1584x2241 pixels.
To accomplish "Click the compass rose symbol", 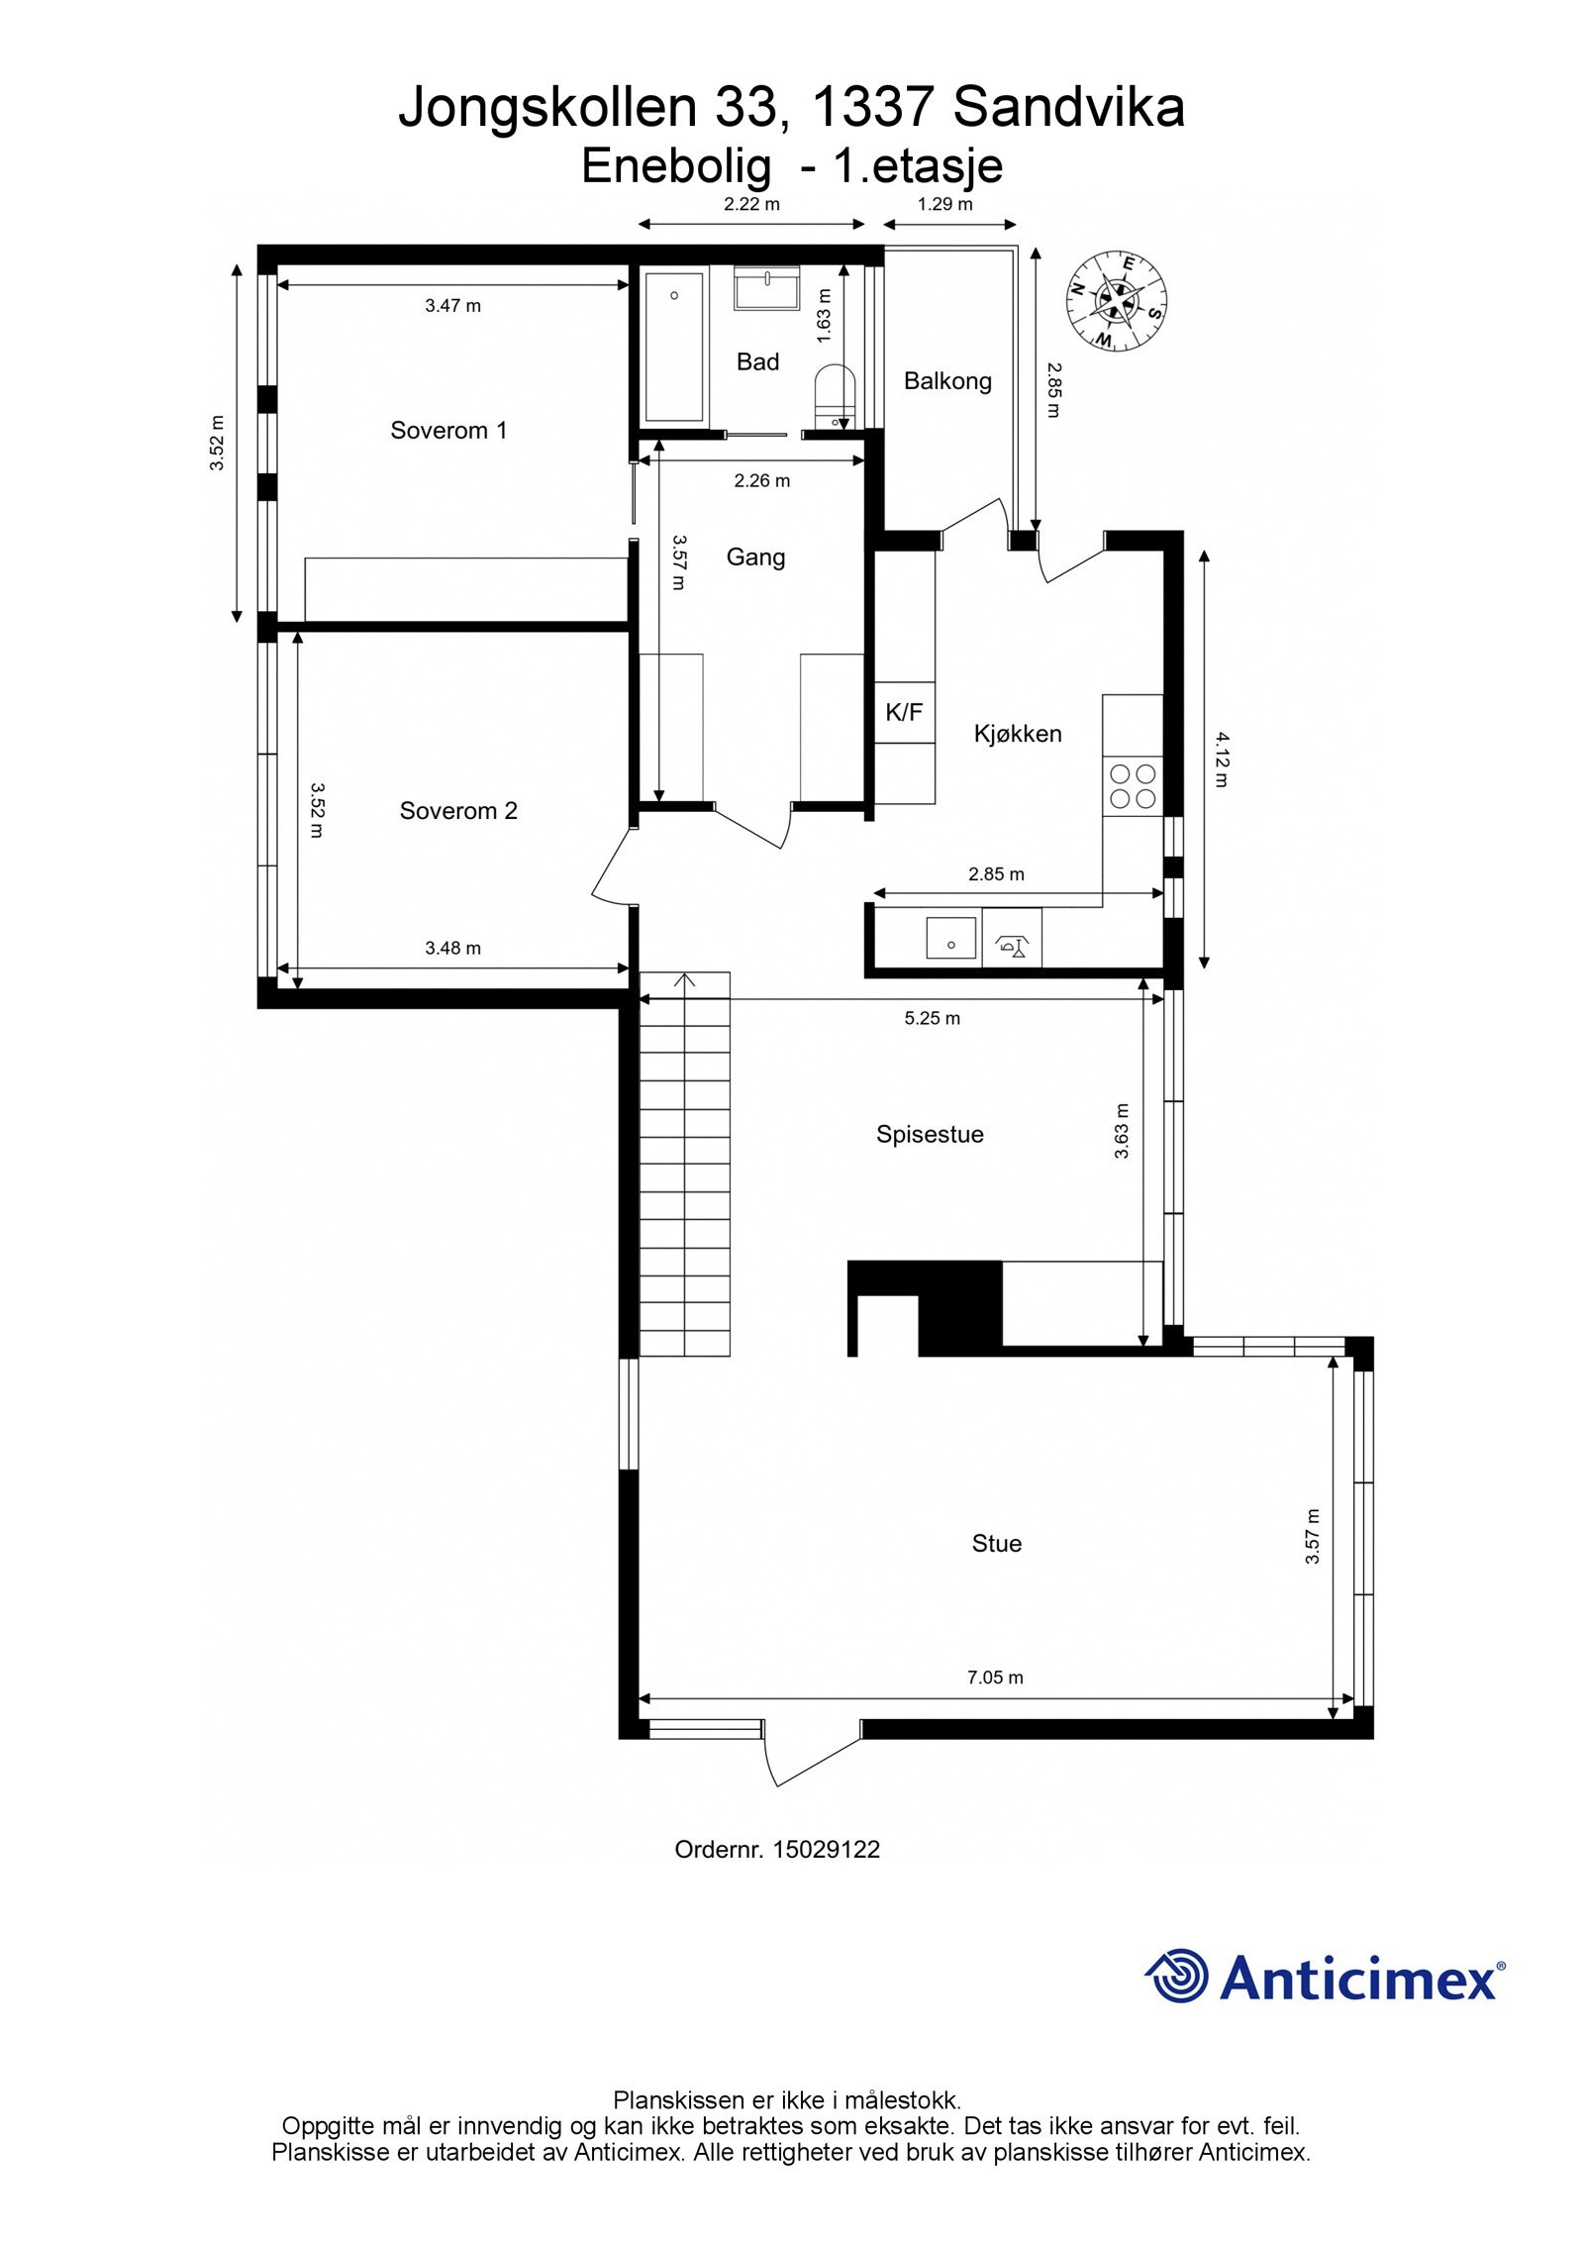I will [1116, 300].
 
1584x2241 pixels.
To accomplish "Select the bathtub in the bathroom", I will [674, 346].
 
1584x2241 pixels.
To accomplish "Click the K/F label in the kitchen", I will [903, 711].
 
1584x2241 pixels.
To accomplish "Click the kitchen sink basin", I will [949, 937].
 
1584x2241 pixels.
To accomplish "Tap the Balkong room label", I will [946, 381].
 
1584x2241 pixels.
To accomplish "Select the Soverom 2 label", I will [457, 811].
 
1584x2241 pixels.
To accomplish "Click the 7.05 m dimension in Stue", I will [994, 1678].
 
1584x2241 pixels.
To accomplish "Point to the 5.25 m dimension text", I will [931, 1018].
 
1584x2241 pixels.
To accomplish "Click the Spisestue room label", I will [929, 1135].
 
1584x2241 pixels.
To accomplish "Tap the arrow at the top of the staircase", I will [684, 980].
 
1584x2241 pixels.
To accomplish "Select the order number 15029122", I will [826, 1849].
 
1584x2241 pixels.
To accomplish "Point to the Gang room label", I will [755, 558].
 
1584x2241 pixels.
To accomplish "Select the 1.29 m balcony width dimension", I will [944, 205].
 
